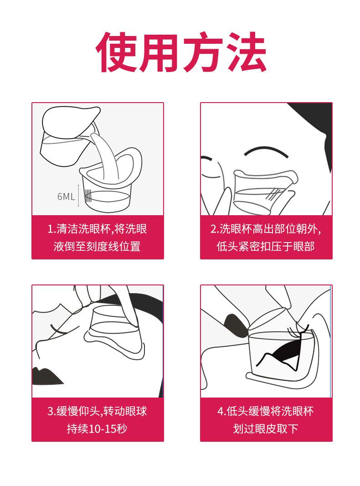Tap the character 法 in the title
pyautogui.click(x=246, y=52)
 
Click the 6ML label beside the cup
pyautogui.click(x=66, y=196)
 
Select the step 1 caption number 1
pyautogui.click(x=50, y=229)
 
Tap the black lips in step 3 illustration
pyautogui.click(x=46, y=376)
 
